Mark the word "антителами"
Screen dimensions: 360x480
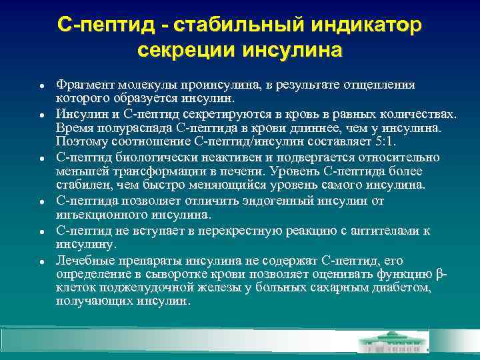click(x=389, y=231)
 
